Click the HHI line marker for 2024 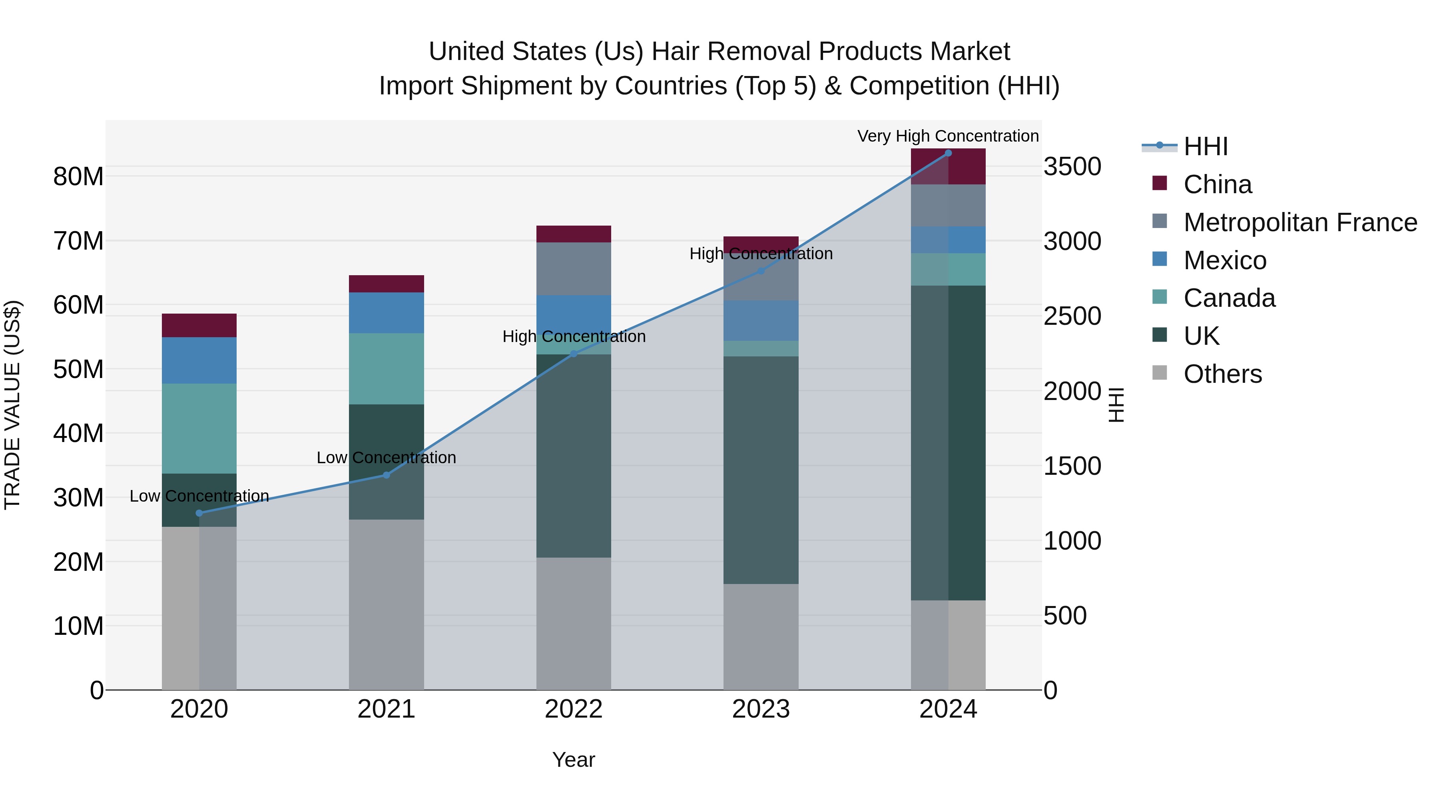(948, 153)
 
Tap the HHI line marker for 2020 (199, 513)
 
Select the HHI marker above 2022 (574, 353)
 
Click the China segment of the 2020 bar (199, 325)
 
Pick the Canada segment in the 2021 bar (387, 369)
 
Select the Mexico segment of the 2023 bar (761, 321)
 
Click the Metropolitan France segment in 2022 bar (574, 269)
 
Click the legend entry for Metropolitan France (1300, 222)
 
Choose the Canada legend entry (1229, 298)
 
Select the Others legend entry (1222, 374)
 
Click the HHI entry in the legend (1206, 146)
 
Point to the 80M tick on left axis (78, 177)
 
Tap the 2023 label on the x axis (761, 709)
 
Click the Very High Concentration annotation (948, 136)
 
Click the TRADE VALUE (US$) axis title (12, 405)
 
